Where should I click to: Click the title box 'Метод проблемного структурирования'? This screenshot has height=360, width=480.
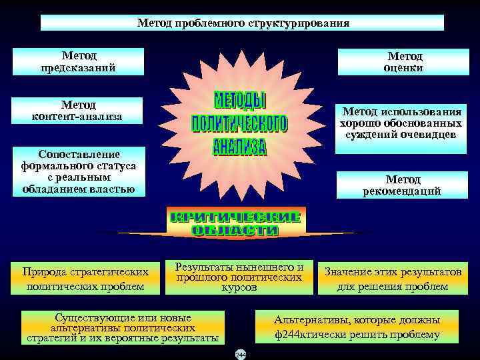point(242,23)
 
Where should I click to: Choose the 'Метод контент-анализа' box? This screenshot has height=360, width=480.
point(77,111)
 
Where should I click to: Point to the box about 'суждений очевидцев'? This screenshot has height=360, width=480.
point(401,124)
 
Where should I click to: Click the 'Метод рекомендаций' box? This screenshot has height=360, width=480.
point(402,185)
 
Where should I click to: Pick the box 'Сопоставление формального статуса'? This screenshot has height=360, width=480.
point(78,172)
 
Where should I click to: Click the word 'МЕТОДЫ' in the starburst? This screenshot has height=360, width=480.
point(239,102)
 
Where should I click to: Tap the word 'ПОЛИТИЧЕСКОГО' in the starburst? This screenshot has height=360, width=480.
point(239,125)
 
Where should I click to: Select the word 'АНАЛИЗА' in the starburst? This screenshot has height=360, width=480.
point(239,146)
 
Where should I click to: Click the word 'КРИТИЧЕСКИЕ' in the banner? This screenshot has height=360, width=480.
point(235,217)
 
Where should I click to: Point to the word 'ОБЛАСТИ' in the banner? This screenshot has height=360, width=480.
point(235,231)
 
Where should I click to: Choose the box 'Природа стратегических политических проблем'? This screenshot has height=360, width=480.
point(84,279)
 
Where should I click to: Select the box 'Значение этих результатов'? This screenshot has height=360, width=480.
point(393,279)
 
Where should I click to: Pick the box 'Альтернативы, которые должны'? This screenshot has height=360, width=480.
point(357,327)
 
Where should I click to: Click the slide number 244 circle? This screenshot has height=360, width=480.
point(240,355)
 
